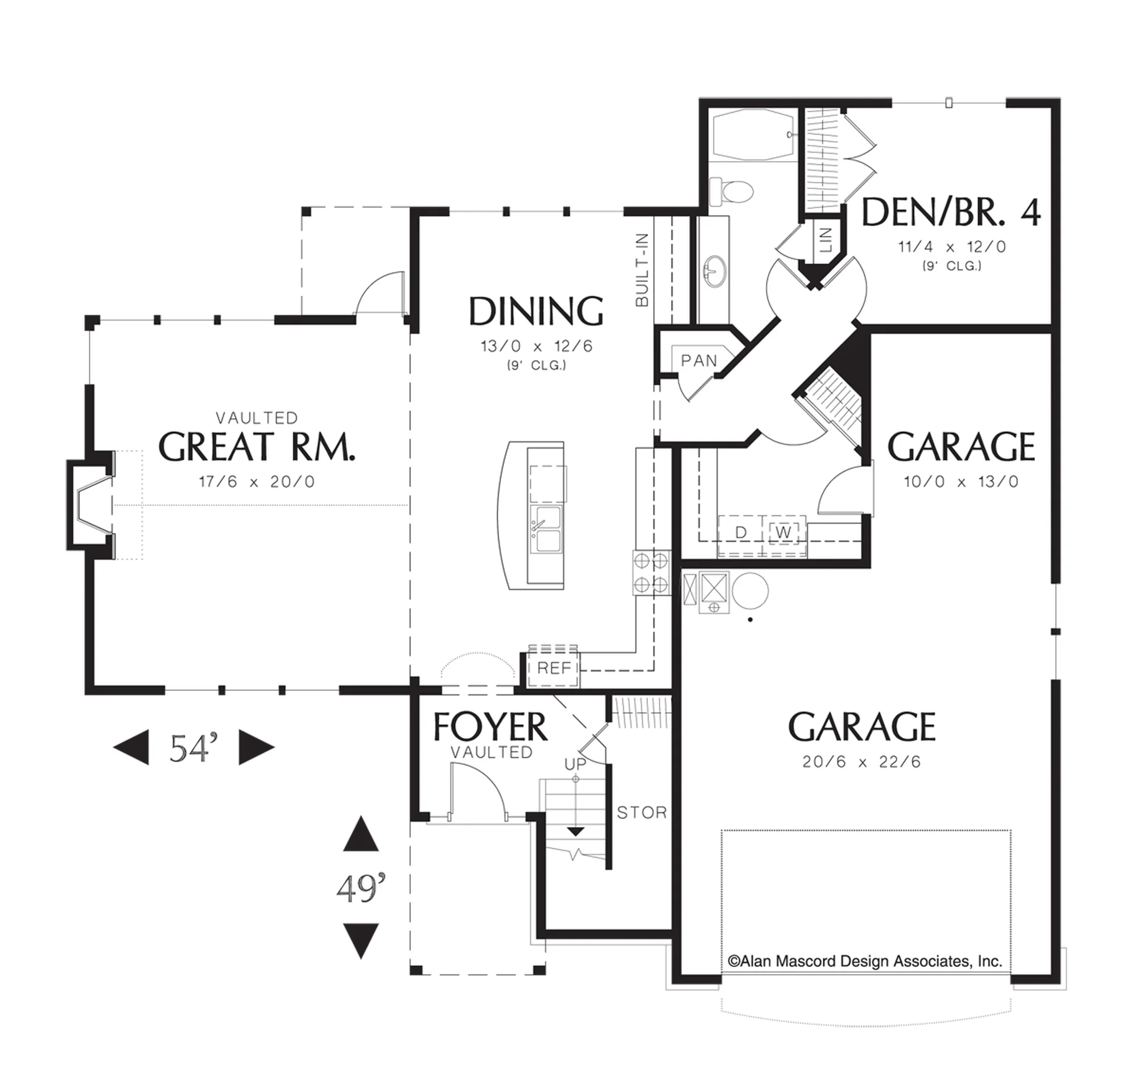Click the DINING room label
point(536,311)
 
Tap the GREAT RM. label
point(257,447)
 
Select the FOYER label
point(490,727)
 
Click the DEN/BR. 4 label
point(950,212)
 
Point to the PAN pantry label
point(699,361)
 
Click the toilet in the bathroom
point(731,191)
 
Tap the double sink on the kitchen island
point(545,529)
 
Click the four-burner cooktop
point(651,573)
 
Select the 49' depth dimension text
point(361,889)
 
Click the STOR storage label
point(642,813)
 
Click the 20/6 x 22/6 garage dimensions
point(861,762)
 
